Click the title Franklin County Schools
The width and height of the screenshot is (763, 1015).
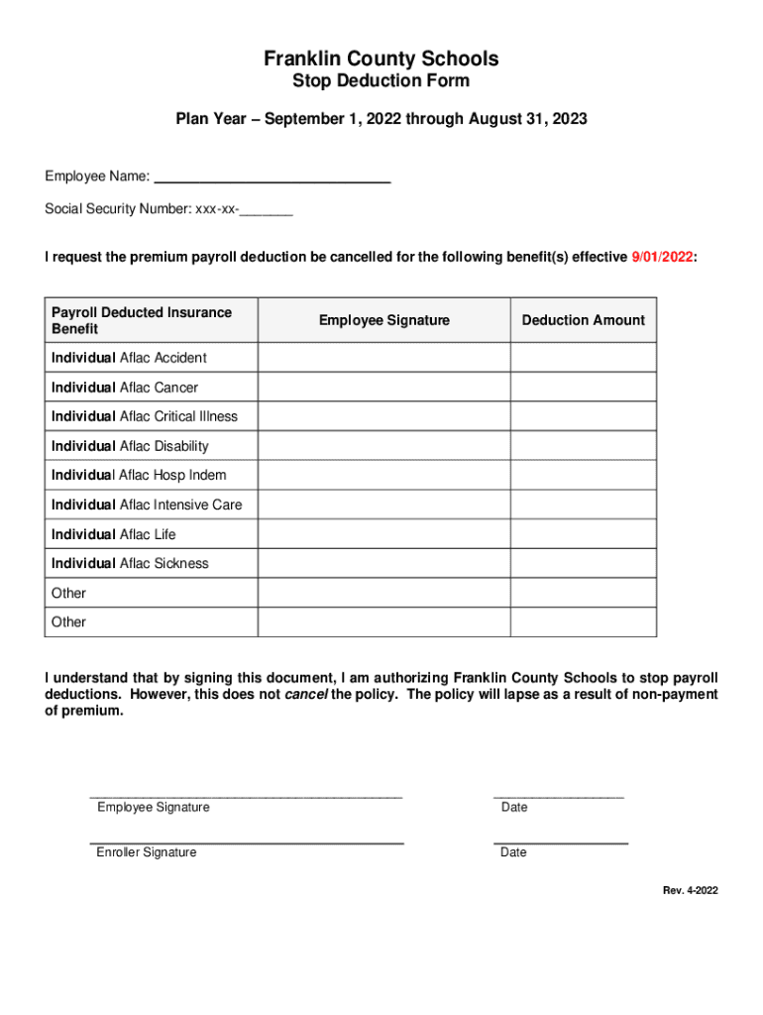coord(381,58)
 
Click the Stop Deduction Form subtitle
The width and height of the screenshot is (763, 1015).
coord(381,81)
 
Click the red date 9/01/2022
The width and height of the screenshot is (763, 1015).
coord(662,258)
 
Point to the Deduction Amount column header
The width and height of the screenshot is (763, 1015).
coord(583,320)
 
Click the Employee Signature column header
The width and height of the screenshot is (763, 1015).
coord(383,320)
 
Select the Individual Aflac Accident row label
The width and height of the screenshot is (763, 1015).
coord(129,358)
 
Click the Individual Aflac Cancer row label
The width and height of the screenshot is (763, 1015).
coord(125,388)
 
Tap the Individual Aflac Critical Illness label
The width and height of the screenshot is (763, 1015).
coord(145,416)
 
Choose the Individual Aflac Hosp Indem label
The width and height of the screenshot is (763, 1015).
coord(139,476)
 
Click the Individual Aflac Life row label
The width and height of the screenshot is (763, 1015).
coord(113,534)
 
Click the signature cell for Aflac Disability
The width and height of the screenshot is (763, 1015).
coord(383,446)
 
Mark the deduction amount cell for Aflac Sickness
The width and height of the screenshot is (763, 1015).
coord(583,563)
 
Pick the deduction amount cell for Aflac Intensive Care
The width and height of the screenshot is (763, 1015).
coord(583,505)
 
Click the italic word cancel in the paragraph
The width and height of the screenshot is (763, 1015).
coord(305,695)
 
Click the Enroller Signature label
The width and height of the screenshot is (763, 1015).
coord(146,852)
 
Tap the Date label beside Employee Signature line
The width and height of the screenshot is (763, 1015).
coord(514,808)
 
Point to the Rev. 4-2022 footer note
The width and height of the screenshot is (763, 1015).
coord(690,890)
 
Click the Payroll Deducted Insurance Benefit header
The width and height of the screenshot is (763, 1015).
coord(142,320)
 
